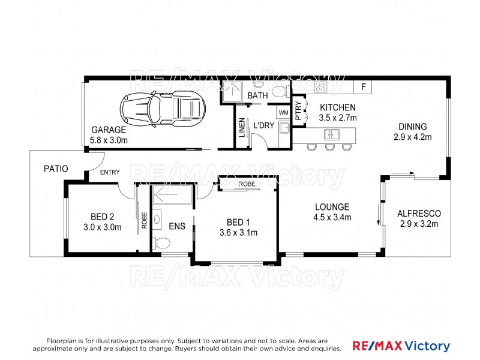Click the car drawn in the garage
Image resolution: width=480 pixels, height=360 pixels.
[x=163, y=109]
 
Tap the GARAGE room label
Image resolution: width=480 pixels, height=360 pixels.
[x=109, y=130]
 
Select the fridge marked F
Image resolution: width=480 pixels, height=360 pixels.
[x=363, y=87]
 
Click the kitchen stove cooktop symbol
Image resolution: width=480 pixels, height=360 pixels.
[x=321, y=86]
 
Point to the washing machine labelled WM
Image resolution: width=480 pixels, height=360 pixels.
[x=283, y=113]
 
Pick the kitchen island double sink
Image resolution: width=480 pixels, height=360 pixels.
[x=332, y=134]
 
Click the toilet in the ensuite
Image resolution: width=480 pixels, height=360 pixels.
[x=161, y=244]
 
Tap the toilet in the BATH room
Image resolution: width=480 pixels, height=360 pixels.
[x=280, y=91]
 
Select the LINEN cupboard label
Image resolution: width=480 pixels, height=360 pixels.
[x=242, y=127]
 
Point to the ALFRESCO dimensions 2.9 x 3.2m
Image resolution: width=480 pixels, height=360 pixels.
[x=419, y=224]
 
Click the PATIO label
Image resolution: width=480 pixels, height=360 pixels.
[x=56, y=169]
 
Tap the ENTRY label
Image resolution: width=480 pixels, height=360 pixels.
[x=110, y=172]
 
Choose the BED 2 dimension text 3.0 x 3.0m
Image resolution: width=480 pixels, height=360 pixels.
[x=102, y=227]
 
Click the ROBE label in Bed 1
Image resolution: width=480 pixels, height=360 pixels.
[x=247, y=184]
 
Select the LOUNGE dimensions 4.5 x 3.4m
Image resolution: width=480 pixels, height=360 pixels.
[x=332, y=217]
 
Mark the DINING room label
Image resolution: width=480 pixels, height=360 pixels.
[x=413, y=127]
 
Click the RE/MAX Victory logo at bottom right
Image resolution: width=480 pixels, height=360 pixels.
[x=401, y=346]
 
